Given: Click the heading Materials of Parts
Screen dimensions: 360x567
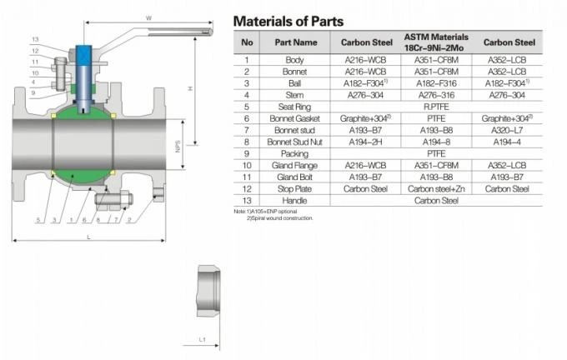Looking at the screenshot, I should click(288, 21).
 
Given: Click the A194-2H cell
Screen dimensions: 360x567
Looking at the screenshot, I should click(365, 142).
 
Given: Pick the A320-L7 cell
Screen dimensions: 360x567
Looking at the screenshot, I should click(507, 130).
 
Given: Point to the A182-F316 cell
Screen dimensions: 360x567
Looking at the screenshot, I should click(435, 83).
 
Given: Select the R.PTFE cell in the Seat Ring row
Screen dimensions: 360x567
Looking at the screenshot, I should click(435, 107).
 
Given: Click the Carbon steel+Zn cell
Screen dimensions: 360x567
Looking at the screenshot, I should click(435, 189).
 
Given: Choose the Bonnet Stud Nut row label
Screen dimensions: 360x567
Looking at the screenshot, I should click(294, 142).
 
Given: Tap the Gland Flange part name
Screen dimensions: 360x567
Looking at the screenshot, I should click(294, 165).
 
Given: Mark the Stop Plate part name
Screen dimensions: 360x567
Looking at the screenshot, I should click(294, 189).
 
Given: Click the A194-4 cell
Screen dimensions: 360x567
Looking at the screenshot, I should click(507, 142).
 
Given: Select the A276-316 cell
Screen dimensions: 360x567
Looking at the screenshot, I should click(435, 95).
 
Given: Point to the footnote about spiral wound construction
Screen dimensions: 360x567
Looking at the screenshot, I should click(279, 218).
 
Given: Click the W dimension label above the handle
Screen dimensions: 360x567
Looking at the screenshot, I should click(148, 17).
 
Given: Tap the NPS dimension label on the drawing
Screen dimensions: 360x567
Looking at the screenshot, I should click(178, 146).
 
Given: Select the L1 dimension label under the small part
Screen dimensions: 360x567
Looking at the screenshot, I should click(202, 340).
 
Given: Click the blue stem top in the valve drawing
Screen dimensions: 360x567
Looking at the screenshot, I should click(85, 52).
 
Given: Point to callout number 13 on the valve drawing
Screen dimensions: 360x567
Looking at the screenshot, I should click(35, 40).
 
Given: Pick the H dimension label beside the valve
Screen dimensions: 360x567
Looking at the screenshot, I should click(191, 89).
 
